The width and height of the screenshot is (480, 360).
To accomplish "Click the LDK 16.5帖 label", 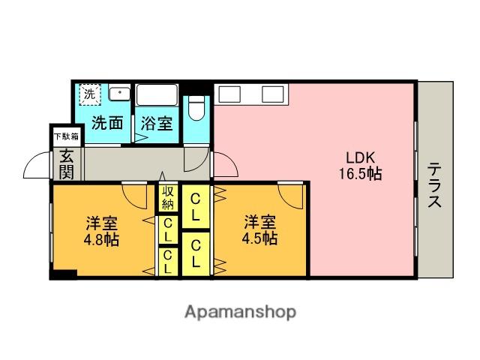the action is click(360, 166).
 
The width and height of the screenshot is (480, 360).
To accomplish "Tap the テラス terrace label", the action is click(434, 185).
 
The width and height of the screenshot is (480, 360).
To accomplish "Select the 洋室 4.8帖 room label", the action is click(101, 231).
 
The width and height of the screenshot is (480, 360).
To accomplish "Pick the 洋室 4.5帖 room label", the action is click(259, 230).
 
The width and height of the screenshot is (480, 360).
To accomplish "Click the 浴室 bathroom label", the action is click(157, 123).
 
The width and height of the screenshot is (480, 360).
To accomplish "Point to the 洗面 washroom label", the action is click(107, 123).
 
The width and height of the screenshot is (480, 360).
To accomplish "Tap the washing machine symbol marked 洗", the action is click(90, 94).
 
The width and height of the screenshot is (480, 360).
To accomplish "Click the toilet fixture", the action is click(196, 109).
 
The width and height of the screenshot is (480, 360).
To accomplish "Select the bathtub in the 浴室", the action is click(157, 95).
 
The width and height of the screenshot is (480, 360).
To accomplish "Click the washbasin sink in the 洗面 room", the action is click(120, 94).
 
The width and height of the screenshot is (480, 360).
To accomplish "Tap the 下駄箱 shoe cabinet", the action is click(67, 136).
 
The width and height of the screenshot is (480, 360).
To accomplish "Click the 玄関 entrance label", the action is click(67, 164).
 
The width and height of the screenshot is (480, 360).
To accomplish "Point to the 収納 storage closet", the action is click(168, 197).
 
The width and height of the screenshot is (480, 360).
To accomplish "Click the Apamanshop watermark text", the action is click(240, 312).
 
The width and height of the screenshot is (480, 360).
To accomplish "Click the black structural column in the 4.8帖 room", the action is click(64, 274).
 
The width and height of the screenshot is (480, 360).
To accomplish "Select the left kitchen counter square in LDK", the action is click(229, 94).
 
